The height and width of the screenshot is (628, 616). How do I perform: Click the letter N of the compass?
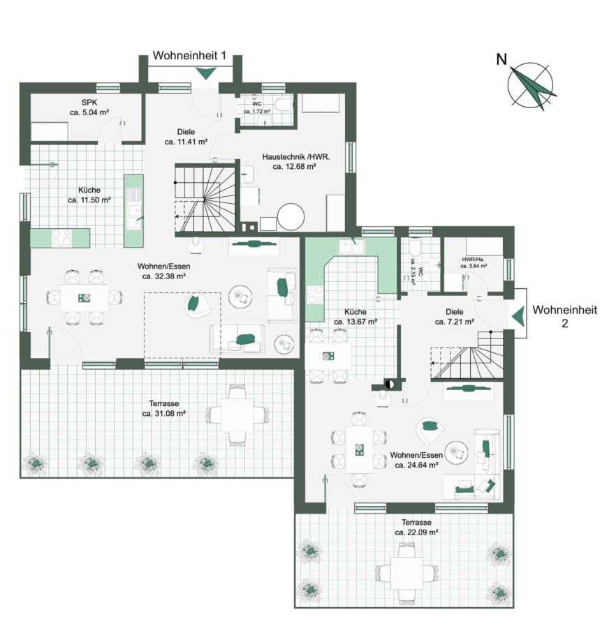tap(501, 59)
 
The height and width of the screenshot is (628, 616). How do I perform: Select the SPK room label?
tap(89, 103)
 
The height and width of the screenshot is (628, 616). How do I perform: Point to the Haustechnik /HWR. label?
tap(295, 157)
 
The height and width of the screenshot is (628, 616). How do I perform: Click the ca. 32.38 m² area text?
tap(163, 276)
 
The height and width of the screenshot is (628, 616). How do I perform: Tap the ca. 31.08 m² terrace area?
tap(163, 413)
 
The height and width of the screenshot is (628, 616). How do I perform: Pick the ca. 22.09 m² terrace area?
tap(416, 532)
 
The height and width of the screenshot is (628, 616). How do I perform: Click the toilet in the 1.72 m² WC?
tap(285, 105)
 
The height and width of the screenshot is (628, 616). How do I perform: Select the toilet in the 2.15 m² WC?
tap(415, 247)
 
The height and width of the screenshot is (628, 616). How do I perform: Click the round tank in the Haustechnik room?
tap(291, 217)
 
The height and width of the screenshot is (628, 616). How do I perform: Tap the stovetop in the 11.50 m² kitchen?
tap(61, 238)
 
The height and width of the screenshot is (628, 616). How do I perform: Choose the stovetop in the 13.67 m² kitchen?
tap(315, 294)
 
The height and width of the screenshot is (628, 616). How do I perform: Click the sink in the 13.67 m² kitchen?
tap(351, 246)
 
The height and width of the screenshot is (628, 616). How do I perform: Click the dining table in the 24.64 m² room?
tap(360, 449)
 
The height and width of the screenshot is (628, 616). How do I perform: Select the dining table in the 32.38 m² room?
tap(85, 297)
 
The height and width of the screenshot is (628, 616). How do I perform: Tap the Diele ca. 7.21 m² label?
tap(455, 316)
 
